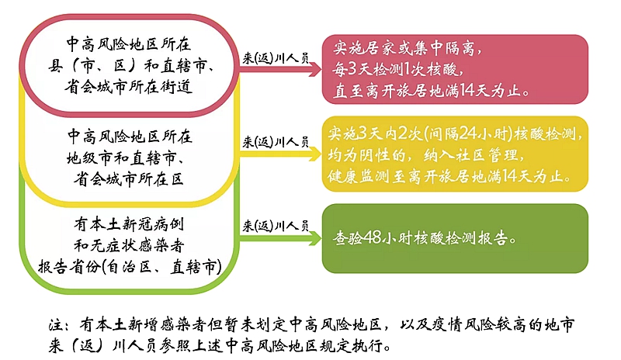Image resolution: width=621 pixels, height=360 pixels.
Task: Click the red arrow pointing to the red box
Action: pos(280,70)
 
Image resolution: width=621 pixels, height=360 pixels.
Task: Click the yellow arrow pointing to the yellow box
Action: pos(280,154)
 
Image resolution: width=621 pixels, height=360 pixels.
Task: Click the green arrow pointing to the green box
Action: pos(280,238)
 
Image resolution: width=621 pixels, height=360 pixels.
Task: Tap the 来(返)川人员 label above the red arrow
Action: pos(276,58)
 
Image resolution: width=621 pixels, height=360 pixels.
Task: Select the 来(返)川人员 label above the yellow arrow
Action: pos(276,141)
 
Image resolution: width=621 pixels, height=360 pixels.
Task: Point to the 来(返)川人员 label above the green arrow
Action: pos(276,226)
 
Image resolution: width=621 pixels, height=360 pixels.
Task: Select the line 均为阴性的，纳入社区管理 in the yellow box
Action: pos(426,155)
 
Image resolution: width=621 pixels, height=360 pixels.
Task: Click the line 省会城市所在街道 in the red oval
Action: pos(129,86)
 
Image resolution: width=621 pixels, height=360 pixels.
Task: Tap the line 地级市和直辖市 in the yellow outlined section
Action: pos(121,158)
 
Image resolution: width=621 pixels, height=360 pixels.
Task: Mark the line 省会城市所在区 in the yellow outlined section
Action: pos(129,179)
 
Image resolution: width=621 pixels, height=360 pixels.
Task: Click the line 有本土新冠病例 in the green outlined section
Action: pos(129,224)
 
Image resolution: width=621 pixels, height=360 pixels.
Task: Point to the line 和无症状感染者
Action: pos(129,245)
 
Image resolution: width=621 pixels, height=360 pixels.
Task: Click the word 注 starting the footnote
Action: pos(56,325)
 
